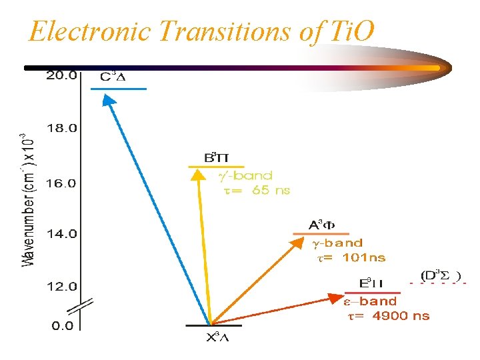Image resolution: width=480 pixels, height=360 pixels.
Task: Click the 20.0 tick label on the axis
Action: tap(61, 75)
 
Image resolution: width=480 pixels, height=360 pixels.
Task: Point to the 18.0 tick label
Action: tap(61, 128)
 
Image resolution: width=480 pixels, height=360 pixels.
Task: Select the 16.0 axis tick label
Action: tap(61, 182)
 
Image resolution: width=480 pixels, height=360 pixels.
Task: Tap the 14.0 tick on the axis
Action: tap(61, 234)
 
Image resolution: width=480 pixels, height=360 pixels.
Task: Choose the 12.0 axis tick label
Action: tap(61, 287)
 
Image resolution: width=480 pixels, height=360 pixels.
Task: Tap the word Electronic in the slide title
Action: tap(93, 31)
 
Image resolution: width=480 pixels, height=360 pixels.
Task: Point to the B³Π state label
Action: tap(216, 157)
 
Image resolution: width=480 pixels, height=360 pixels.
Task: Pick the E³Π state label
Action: tap(371, 283)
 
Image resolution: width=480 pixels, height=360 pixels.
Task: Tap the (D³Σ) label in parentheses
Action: tap(440, 275)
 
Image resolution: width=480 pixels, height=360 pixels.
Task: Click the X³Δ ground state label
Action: tap(217, 337)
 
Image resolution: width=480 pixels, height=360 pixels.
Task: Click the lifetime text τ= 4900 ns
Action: tap(389, 316)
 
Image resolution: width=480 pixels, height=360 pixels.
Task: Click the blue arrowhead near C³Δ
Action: tap(108, 98)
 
